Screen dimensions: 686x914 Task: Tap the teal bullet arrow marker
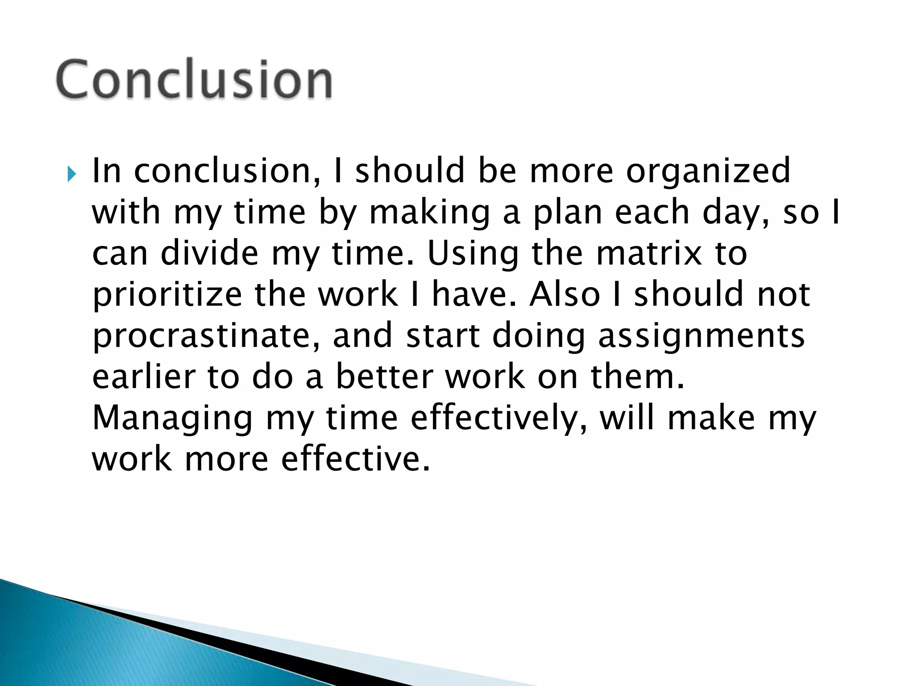71,174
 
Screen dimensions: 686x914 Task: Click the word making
430,213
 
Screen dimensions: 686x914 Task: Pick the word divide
209,253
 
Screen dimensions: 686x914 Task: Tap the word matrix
649,253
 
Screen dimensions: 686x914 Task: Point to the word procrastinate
206,336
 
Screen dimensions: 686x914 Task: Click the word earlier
144,376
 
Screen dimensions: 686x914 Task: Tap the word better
384,376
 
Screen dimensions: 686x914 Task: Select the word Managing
172,419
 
